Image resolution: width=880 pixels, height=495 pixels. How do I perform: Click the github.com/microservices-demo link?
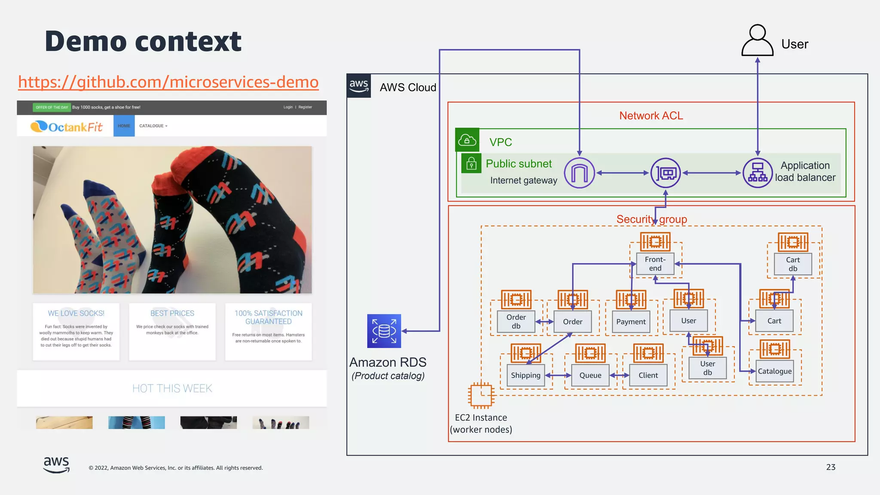(168, 82)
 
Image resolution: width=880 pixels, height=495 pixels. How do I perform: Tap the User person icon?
(757, 40)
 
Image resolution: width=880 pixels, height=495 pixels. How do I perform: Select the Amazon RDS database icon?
(384, 331)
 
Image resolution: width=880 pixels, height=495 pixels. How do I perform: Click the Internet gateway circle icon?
(579, 173)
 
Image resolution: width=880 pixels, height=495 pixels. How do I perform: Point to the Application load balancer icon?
(758, 173)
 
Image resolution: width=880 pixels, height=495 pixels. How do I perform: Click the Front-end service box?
(655, 264)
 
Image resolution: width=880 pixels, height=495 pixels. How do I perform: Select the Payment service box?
(631, 322)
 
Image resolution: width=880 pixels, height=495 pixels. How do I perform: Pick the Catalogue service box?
(774, 371)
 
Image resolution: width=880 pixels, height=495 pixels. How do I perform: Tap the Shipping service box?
(526, 375)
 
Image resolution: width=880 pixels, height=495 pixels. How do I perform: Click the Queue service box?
(590, 375)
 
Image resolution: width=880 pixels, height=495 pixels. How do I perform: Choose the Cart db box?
(793, 264)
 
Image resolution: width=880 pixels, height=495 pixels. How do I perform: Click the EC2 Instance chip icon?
(481, 395)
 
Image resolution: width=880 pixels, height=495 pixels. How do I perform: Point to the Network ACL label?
(651, 116)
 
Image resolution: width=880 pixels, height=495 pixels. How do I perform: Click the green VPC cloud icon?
(467, 140)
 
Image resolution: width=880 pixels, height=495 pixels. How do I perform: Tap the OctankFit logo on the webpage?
(67, 127)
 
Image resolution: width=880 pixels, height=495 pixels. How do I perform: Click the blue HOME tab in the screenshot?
(124, 126)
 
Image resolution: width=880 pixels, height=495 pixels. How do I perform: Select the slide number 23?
(831, 467)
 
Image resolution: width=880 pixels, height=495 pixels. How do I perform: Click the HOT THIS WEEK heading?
(172, 388)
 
